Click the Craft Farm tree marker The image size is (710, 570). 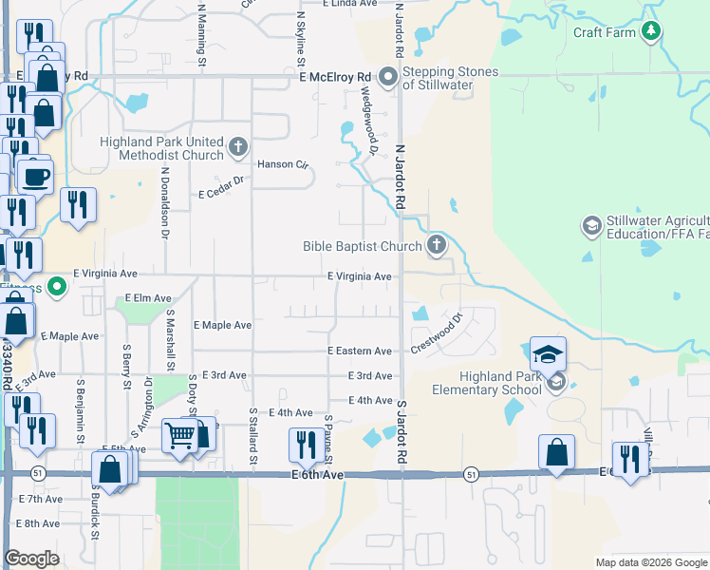[650, 31]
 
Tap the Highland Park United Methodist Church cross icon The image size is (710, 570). [237, 147]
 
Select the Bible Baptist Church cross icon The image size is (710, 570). [436, 246]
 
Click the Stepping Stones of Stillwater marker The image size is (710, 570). [387, 76]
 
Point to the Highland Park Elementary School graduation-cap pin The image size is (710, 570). [549, 355]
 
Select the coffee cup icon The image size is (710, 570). [36, 177]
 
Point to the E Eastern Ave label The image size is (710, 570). [360, 351]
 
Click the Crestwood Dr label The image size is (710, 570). [437, 332]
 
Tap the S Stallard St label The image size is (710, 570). [253, 437]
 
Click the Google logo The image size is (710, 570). [32, 559]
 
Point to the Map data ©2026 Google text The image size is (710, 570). [650, 562]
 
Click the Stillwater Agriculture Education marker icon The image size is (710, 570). [590, 225]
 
